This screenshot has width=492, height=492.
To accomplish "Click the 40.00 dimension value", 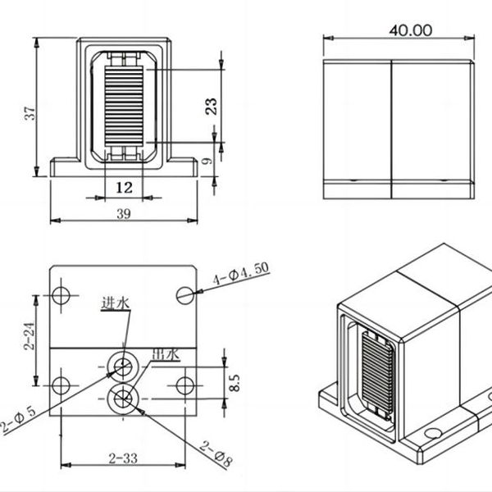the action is pos(411,30).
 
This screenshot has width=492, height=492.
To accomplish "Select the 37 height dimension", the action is pos(30,113).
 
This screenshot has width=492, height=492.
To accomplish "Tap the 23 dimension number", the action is pos(212,106).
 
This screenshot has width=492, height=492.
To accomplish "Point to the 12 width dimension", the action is pos(125,188).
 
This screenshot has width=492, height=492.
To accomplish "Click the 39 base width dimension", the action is pos(124,214).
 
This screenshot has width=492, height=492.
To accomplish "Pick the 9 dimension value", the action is pos(207,161).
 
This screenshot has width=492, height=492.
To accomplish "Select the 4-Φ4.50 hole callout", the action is pos(241,273).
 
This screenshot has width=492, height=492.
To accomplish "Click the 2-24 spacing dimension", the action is pos(30,335).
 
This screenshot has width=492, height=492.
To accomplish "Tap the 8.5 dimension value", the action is pos(235,382).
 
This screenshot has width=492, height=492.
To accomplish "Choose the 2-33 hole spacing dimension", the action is pos(123,458).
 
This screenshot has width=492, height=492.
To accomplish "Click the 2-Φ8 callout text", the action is pos(216,454).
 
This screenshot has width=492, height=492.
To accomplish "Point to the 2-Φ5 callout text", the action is pos(18,419).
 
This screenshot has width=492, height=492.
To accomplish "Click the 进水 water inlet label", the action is pos(115,303).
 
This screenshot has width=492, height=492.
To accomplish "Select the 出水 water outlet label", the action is pos(166,354).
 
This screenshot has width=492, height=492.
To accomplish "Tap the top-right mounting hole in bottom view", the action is pos(185,295).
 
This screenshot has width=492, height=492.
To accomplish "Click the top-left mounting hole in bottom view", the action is pos(61,295).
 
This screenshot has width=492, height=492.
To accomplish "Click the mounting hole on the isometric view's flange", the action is pos(433,433).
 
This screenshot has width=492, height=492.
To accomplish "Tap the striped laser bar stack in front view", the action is pos(124,106).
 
